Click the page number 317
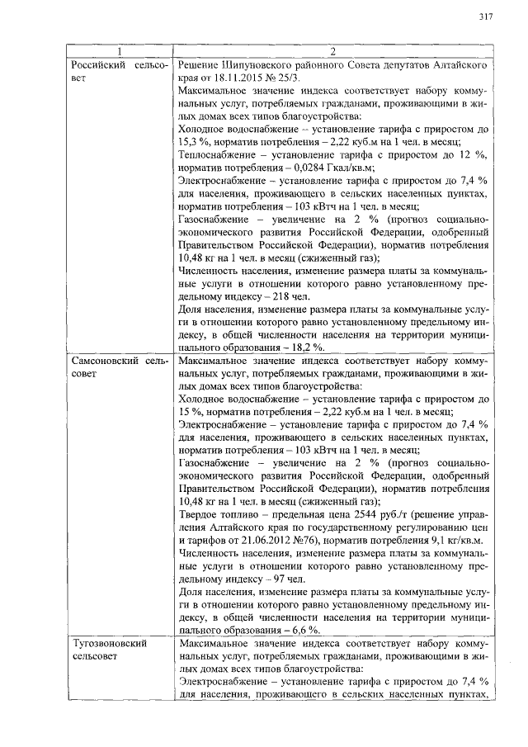(485, 17)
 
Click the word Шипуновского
(261, 64)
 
